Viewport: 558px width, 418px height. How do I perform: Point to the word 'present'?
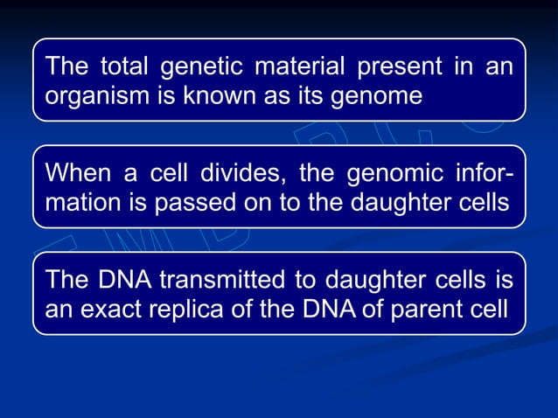coord(394,66)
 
